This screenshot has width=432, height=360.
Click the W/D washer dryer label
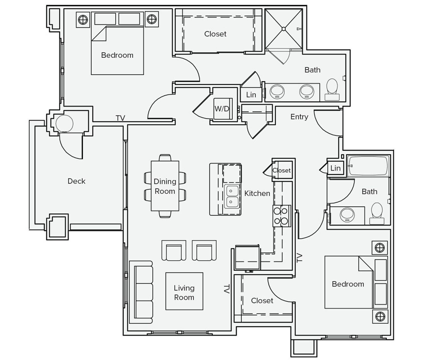point(222,109)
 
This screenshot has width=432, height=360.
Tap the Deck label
point(76,181)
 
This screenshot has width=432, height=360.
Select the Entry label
point(299,117)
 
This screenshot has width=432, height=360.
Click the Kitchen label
point(257,193)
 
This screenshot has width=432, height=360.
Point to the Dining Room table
point(165,186)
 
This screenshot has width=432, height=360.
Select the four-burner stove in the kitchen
point(281,216)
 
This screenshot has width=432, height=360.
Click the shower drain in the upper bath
point(283,29)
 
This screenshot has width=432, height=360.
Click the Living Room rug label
point(184,292)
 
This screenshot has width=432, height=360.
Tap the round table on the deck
point(65,124)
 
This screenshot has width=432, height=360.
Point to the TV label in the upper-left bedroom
point(120,118)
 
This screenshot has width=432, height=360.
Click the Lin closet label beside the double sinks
point(251,95)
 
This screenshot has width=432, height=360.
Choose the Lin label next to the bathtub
point(335,168)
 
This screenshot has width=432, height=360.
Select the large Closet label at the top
point(215,34)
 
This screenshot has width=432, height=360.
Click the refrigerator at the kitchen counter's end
point(247,257)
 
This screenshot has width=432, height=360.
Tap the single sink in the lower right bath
point(347,215)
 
